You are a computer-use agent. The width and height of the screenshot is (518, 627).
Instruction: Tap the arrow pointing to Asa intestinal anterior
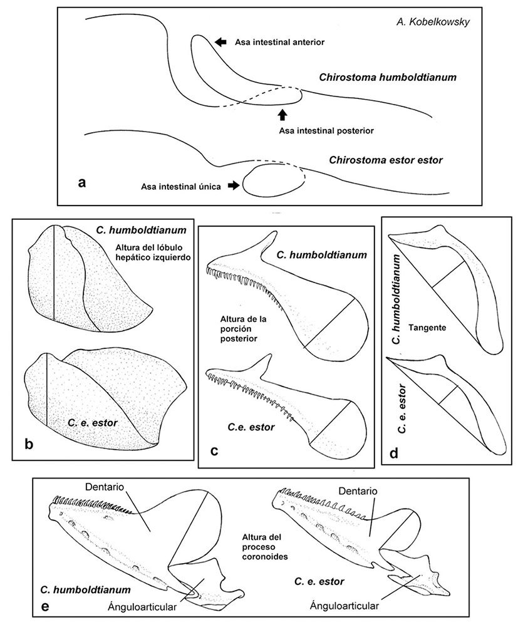[x=220, y=41]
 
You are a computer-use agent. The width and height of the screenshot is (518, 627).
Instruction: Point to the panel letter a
[x=81, y=183]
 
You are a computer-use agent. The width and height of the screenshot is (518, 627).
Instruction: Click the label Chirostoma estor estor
[x=386, y=160]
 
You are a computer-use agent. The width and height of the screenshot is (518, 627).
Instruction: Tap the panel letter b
[x=28, y=445]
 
